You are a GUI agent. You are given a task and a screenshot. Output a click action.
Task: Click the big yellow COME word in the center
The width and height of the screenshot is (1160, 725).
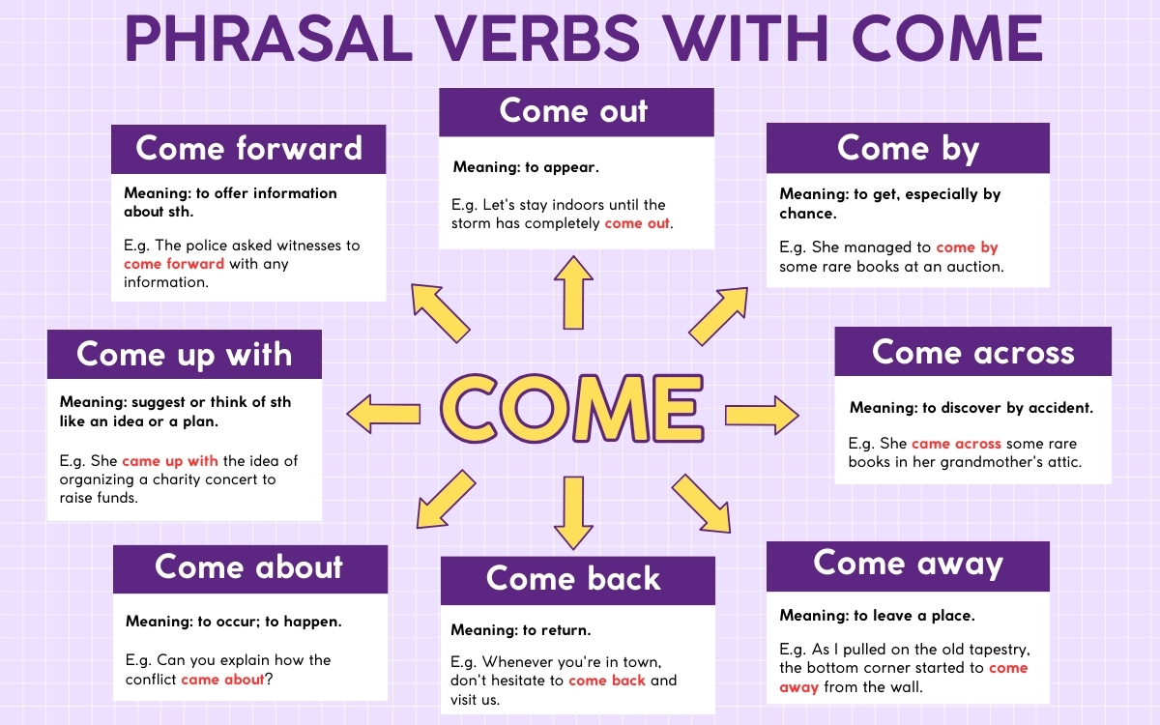571,406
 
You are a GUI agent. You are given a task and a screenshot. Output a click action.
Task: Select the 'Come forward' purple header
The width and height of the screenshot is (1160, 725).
248,149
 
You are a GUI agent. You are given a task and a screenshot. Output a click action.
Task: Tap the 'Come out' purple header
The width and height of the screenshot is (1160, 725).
575,111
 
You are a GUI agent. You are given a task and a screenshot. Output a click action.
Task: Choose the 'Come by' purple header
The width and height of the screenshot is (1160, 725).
907,148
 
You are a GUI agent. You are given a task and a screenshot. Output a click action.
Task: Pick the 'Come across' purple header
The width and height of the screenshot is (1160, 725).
972,352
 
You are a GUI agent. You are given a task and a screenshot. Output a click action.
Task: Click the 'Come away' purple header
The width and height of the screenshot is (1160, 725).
907,564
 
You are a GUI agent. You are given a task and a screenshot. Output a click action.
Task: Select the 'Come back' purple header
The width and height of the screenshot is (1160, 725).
575,579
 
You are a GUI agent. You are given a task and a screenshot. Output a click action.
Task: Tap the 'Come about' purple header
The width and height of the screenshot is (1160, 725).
249,567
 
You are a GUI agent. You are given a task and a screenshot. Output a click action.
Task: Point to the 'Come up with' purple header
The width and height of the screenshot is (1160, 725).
184,354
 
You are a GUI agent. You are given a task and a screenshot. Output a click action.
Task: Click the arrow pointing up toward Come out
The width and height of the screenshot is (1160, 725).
573,292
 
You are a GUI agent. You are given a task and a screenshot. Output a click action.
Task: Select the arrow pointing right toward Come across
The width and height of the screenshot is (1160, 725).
762,415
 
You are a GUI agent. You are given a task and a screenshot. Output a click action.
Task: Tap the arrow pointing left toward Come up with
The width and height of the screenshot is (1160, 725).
384,414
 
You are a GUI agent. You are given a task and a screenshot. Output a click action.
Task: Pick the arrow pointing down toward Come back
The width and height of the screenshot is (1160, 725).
573,513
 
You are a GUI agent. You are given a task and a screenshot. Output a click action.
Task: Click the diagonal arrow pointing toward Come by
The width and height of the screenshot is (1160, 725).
718,315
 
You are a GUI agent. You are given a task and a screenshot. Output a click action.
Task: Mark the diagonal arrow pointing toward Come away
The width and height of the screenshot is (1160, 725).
702,503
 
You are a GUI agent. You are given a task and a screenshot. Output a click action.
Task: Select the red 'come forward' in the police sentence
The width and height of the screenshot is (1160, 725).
174,264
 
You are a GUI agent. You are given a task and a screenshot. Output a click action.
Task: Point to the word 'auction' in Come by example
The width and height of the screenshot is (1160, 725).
971,267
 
